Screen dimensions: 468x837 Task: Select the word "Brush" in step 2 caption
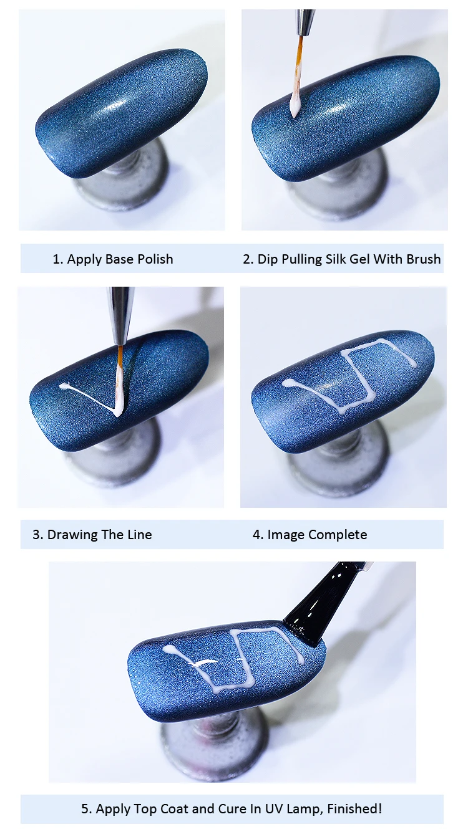(423, 259)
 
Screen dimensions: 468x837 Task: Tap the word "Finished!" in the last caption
(354, 808)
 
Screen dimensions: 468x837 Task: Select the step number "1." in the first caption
(57, 259)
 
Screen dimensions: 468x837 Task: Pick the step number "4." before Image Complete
(258, 535)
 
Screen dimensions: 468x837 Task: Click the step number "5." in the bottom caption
(86, 808)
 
